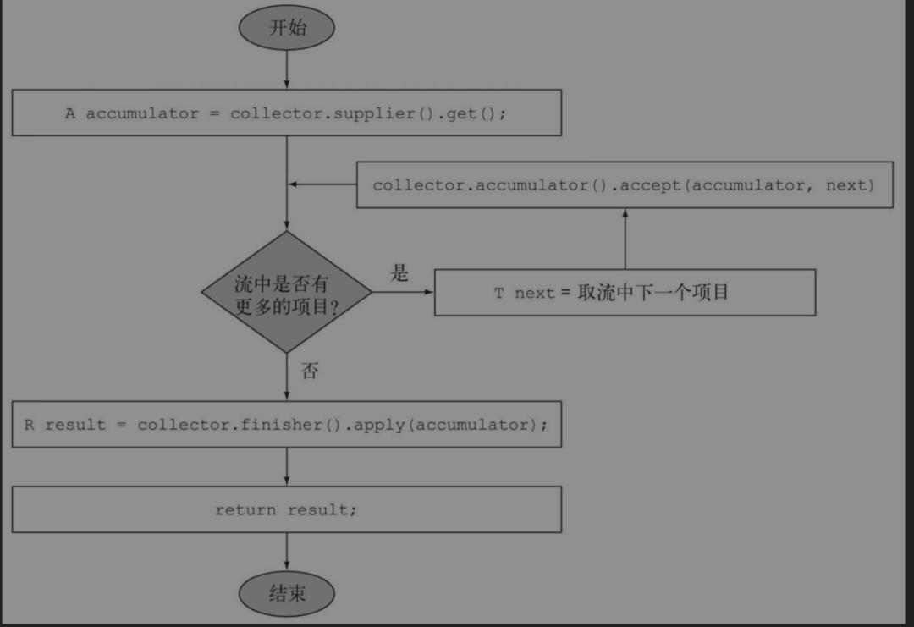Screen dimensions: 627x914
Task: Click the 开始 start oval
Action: pos(287,28)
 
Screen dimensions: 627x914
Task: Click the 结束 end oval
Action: pos(287,594)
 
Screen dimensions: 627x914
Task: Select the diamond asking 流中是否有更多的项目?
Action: pos(287,293)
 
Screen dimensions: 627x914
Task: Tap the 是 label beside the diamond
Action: pos(399,272)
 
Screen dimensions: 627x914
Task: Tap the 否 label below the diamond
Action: pos(310,371)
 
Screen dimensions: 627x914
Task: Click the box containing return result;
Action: pos(287,509)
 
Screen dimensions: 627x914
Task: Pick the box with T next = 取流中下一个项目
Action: pos(625,293)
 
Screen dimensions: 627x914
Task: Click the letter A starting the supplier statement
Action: pos(70,113)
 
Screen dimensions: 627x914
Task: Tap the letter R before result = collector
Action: pos(29,425)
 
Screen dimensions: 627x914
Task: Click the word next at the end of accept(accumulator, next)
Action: pos(848,184)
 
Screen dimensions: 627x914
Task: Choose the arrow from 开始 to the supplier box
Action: pos(287,69)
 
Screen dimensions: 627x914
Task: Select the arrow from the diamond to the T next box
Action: pos(403,293)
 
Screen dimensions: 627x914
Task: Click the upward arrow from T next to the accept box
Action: pos(625,239)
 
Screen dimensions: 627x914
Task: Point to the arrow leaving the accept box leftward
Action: pos(322,184)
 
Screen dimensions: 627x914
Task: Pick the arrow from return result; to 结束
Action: pos(287,552)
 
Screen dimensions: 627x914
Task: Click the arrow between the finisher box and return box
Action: pos(287,466)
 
